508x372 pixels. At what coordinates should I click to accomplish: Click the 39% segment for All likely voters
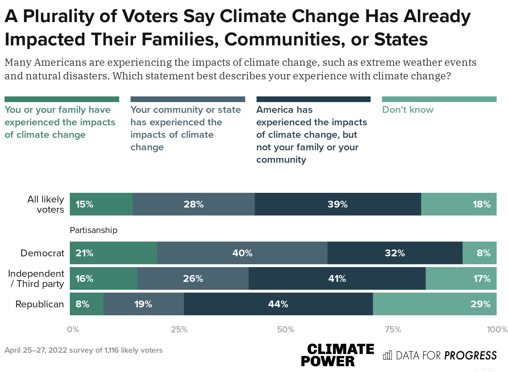[x=338, y=204]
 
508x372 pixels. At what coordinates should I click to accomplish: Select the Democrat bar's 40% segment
[x=242, y=253]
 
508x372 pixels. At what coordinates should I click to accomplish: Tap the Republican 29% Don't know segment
[x=434, y=304]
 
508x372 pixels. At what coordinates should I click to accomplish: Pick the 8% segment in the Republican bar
[x=86, y=304]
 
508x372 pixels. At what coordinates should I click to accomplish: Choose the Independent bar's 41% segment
[x=337, y=278]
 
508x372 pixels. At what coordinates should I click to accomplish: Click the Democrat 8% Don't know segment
[x=479, y=253]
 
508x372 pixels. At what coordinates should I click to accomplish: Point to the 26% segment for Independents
[x=193, y=278]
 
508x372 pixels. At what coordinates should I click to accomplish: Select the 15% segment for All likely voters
[x=101, y=204]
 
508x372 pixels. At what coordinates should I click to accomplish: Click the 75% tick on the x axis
[x=393, y=329]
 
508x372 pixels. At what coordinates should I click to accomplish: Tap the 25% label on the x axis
[x=179, y=329]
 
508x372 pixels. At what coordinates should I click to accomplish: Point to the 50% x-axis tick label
[x=286, y=329]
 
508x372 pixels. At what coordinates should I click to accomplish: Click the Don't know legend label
[x=408, y=110]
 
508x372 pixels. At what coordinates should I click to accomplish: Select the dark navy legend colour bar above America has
[x=313, y=99]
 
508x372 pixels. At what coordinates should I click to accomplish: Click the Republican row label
[x=39, y=304]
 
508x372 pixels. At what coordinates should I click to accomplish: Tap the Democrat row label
[x=42, y=253]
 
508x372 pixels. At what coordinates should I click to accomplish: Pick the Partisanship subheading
[x=93, y=230]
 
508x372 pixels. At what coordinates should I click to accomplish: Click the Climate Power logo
[x=337, y=355]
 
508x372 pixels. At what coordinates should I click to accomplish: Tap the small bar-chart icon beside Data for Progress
[x=387, y=355]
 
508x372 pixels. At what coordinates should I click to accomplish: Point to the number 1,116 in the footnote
[x=112, y=350]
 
